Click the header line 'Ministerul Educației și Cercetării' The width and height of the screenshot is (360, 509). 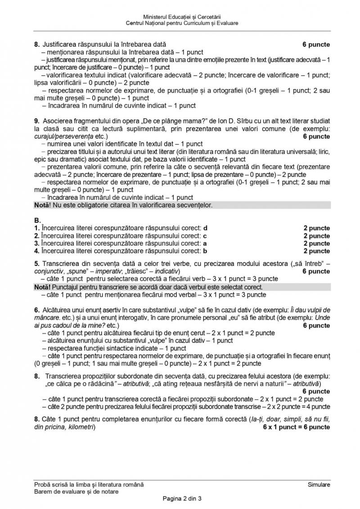(x=182, y=17)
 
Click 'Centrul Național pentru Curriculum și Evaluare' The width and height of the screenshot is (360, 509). (x=182, y=23)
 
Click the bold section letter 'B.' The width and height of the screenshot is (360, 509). (x=37, y=221)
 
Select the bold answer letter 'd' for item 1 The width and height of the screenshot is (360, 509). (x=206, y=228)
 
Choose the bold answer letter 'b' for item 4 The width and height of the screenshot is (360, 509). (x=205, y=251)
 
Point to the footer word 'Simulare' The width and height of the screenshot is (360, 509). (x=319, y=485)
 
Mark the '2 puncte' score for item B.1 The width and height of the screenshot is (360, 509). (x=316, y=228)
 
